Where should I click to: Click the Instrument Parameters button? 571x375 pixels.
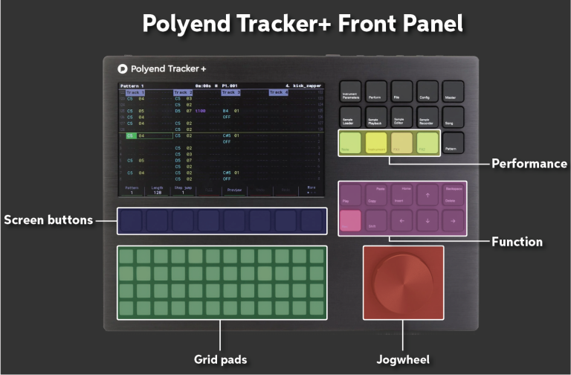[x=349, y=92]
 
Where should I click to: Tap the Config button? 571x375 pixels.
[x=428, y=92]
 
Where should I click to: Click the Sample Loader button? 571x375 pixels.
[x=349, y=118]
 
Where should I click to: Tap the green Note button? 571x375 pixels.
[x=350, y=142]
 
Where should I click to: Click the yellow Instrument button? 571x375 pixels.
[x=376, y=142]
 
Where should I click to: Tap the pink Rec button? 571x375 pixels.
[x=350, y=220]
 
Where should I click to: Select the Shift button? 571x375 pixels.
[x=376, y=220]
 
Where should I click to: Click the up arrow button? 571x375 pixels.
[x=428, y=196]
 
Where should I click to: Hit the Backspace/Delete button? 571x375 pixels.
[x=453, y=196]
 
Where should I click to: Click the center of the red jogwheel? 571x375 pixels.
[x=403, y=283]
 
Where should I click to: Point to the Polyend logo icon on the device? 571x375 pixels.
[x=123, y=68]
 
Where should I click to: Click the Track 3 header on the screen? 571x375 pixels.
[x=230, y=92]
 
